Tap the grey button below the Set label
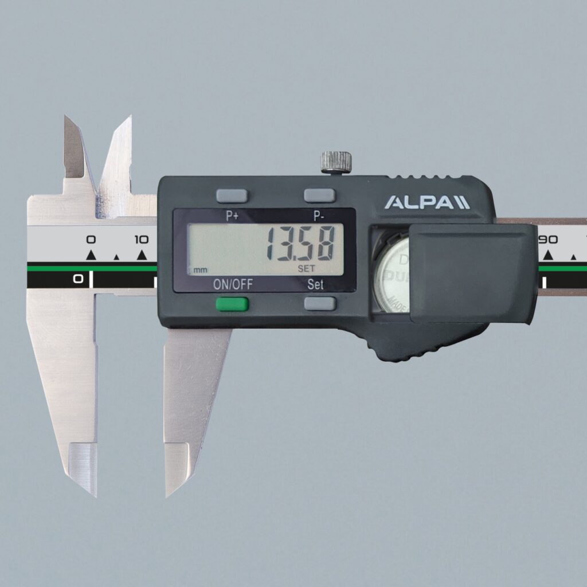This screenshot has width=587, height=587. [x=319, y=303]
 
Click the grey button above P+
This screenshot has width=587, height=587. [x=232, y=195]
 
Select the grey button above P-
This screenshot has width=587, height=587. [x=319, y=195]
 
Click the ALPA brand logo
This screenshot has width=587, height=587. [x=426, y=202]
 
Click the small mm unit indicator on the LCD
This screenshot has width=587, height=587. [x=200, y=269]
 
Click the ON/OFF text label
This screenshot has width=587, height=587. [x=232, y=284]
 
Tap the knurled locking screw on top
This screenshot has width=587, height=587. [x=336, y=162]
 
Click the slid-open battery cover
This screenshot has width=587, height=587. [x=472, y=272]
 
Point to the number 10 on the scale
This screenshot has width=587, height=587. [x=141, y=239]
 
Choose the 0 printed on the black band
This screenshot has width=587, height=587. [x=78, y=279]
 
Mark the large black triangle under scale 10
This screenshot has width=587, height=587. [x=142, y=255]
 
